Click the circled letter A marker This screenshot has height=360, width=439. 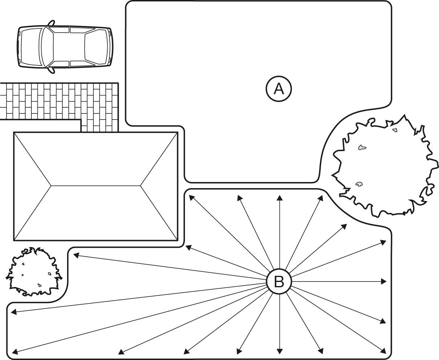(x=279, y=89)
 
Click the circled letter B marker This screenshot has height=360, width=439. (x=279, y=282)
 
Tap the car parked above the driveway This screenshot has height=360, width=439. (x=65, y=47)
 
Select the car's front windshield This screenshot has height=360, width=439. (x=47, y=47)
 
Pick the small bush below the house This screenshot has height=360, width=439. (x=33, y=271)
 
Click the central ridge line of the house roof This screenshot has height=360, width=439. (x=96, y=186)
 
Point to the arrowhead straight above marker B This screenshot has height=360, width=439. (x=279, y=197)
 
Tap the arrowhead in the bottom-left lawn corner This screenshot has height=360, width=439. (x=15, y=352)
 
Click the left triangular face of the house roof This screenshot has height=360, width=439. (x=33, y=186)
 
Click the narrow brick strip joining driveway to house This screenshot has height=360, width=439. (x=100, y=126)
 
